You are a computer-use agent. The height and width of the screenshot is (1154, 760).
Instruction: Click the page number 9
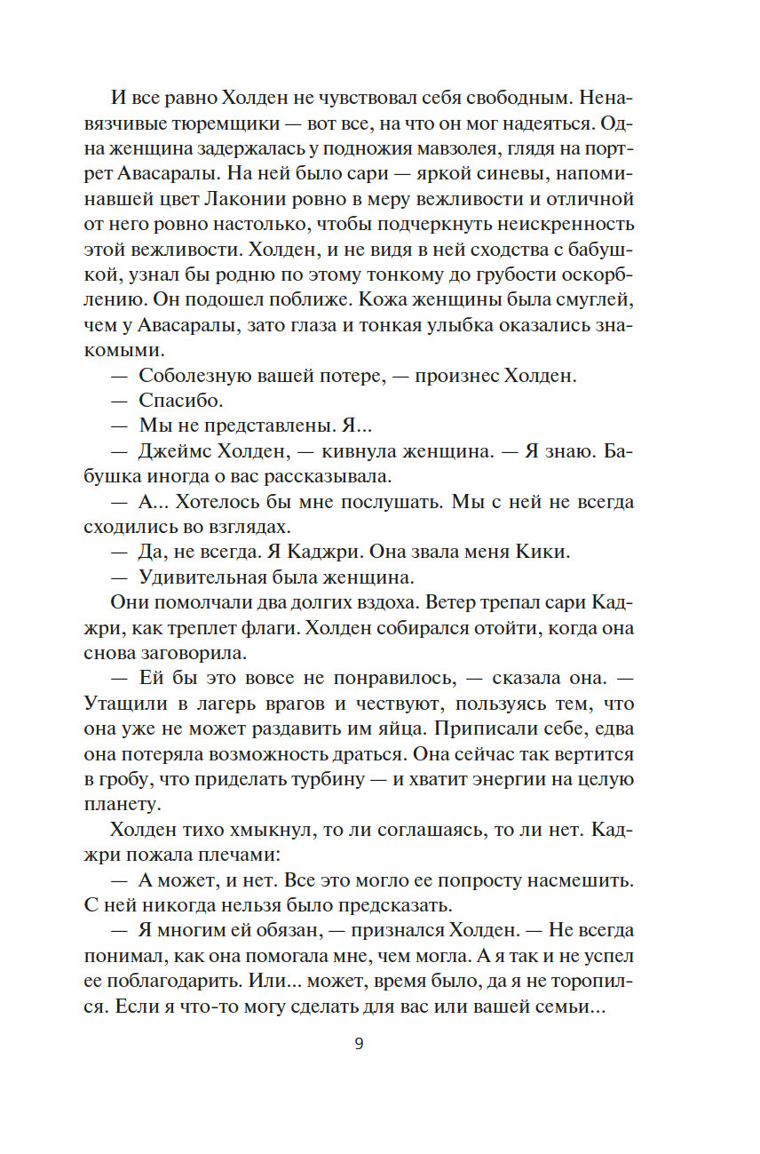(359, 1044)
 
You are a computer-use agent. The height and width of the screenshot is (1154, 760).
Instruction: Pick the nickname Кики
(540, 552)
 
